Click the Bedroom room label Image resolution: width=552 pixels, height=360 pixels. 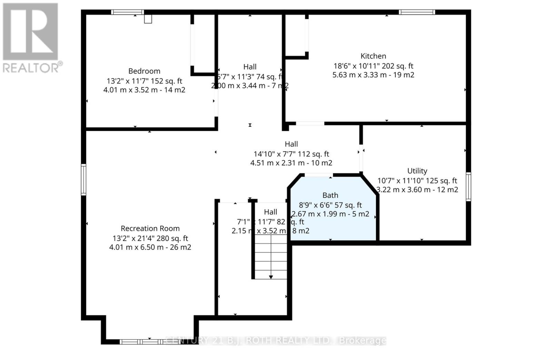(x=144, y=71)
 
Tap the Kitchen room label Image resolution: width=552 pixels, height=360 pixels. (x=373, y=56)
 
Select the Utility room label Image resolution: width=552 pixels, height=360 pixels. (x=417, y=171)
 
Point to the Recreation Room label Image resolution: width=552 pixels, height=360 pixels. (x=150, y=228)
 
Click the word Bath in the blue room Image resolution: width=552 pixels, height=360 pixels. (x=330, y=195)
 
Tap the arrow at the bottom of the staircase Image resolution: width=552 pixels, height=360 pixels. (x=271, y=277)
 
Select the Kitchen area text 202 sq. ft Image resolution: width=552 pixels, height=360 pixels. (x=397, y=66)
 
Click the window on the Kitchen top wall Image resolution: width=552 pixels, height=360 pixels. (x=417, y=12)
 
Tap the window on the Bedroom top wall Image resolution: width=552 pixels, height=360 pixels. (x=127, y=12)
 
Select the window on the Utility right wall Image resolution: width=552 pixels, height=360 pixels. (x=468, y=187)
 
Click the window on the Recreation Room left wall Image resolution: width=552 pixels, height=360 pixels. (x=83, y=179)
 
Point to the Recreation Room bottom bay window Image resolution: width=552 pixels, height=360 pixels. (x=150, y=342)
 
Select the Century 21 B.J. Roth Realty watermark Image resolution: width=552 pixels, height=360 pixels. (x=276, y=341)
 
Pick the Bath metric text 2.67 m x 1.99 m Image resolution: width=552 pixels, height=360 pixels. (x=318, y=214)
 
